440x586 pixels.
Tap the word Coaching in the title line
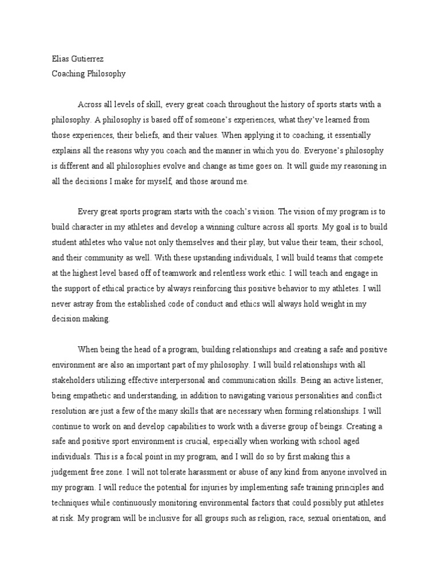[63, 74]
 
